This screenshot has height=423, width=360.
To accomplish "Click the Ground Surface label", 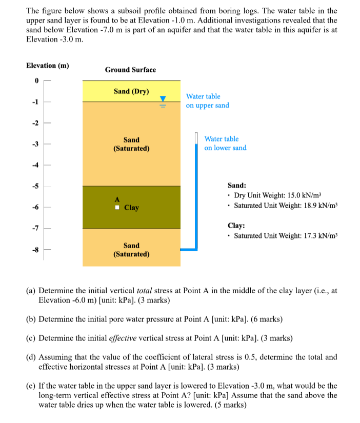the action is tap(130, 69).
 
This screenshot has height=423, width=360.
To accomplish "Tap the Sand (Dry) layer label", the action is tap(131, 91).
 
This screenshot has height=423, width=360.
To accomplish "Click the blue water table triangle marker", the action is tap(163, 98).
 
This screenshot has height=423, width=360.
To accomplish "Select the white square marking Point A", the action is tap(117, 208).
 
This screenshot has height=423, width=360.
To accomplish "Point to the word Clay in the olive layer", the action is tap(132, 208).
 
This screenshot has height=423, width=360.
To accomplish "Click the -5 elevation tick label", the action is tap(36, 186).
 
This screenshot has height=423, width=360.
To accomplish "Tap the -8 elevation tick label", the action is tap(36, 250).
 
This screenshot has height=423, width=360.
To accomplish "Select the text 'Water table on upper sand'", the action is tap(207, 101).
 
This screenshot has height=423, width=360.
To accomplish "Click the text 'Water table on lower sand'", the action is tap(225, 144).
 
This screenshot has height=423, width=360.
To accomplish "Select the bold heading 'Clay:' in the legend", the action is tap(236, 226).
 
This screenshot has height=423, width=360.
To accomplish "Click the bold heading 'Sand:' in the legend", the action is tap(236, 185).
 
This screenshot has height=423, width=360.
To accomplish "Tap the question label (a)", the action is tap(31, 290).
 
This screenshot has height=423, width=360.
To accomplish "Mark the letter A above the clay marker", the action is tap(117, 199).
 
